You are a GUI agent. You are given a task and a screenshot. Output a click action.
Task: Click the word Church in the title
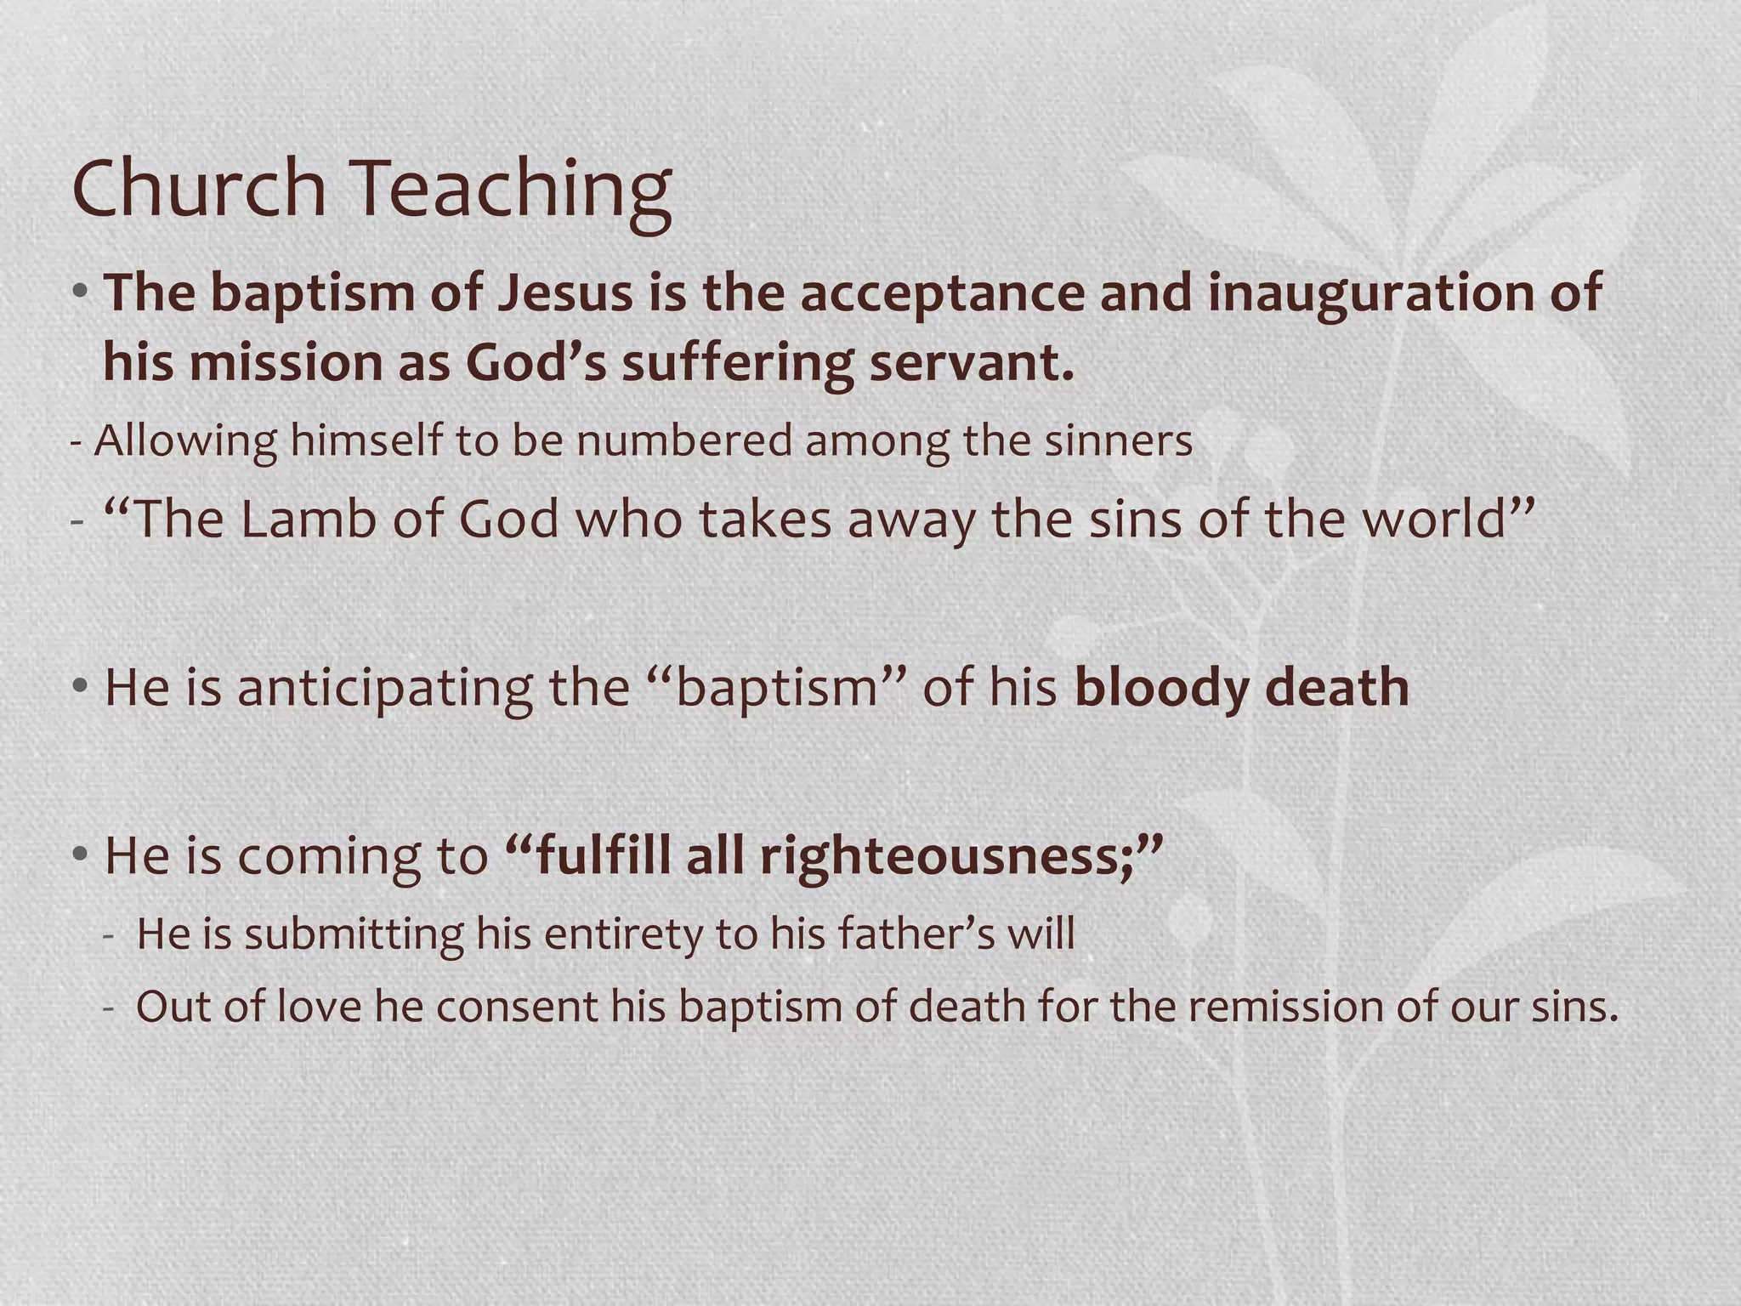click(200, 188)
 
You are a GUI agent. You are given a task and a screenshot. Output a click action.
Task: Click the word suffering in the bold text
click(736, 363)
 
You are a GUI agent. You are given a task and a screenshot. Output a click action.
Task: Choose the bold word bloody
click(1161, 687)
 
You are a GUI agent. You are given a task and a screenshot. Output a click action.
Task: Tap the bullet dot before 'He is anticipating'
click(80, 685)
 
